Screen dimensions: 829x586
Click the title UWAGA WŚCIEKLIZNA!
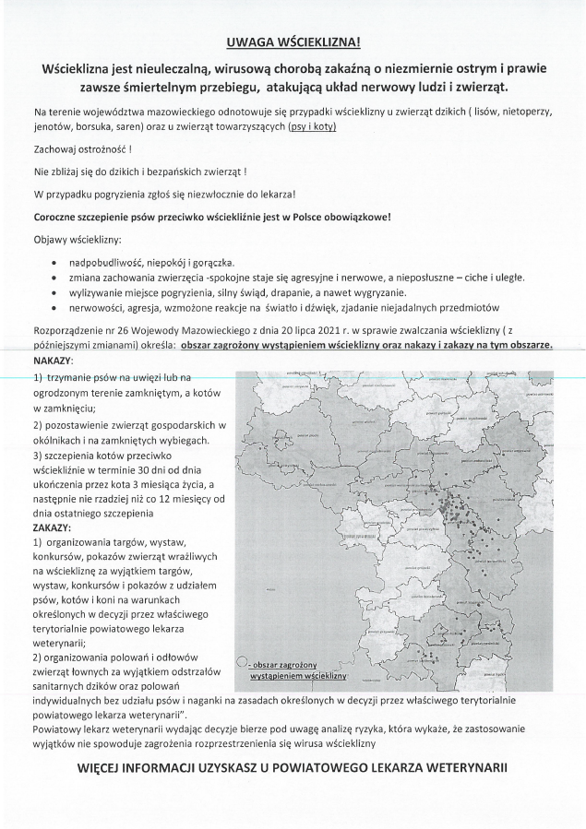pyautogui.click(x=293, y=43)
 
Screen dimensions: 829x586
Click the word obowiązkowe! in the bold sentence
pyautogui.click(x=357, y=218)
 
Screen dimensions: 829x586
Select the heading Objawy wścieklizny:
pyautogui.click(x=77, y=240)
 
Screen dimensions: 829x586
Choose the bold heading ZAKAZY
pyautogui.click(x=52, y=527)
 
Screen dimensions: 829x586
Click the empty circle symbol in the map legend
pyautogui.click(x=241, y=662)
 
